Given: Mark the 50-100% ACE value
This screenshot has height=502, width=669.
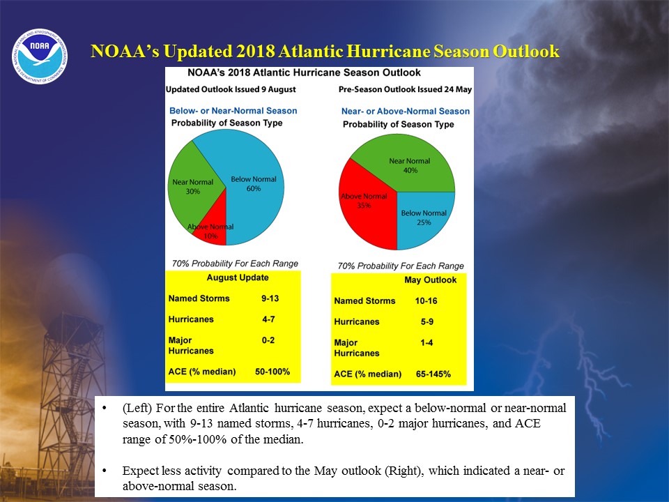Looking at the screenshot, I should click(x=272, y=372).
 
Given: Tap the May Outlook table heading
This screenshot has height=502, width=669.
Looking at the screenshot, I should click(x=430, y=280).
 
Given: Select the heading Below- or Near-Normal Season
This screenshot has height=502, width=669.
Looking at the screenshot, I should click(x=233, y=111).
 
